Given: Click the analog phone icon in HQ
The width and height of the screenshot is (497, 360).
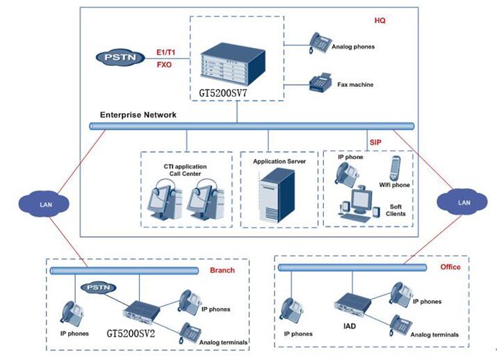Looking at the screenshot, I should click(x=320, y=42).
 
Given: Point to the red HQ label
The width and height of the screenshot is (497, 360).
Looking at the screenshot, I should click(x=380, y=21).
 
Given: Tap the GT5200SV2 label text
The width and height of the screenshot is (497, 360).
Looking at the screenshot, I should click(x=136, y=333).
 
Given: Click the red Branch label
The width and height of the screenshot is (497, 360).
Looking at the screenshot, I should click(x=222, y=270).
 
